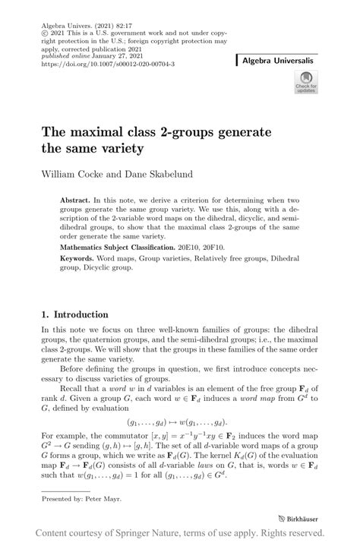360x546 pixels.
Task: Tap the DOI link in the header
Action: pos(109,64)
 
